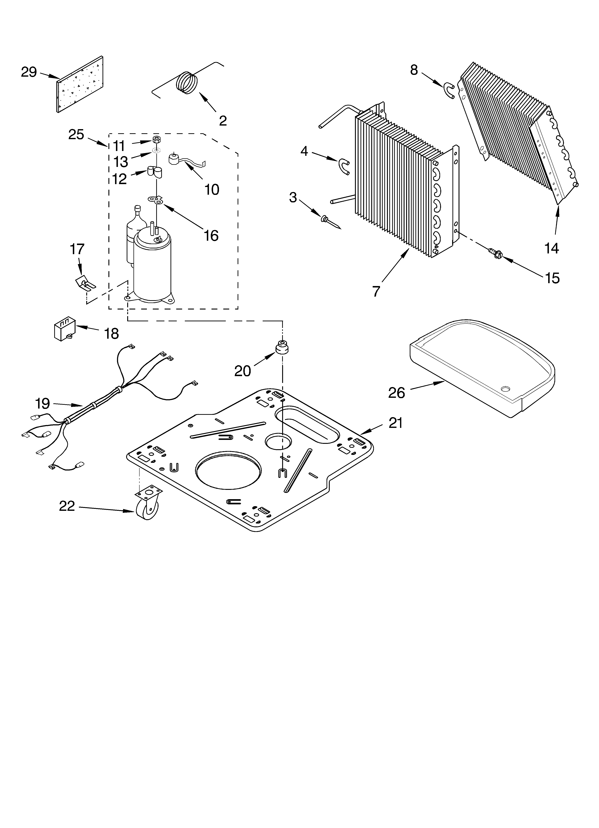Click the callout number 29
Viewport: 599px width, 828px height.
point(29,72)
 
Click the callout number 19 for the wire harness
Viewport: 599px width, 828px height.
point(42,403)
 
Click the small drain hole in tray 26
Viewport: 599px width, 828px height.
point(506,388)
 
